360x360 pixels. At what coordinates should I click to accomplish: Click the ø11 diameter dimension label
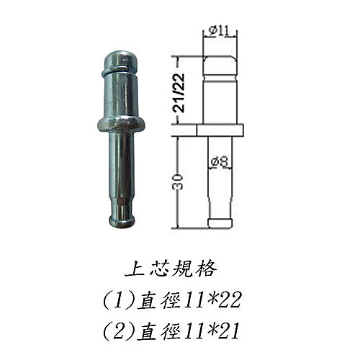218,32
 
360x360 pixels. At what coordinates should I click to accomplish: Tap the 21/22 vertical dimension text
179,93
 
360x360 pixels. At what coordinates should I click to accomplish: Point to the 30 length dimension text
179,181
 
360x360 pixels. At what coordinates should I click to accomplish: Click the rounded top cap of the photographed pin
121,62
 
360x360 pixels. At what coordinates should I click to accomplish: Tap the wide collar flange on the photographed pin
121,125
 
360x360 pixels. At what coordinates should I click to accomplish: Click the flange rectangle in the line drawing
220,130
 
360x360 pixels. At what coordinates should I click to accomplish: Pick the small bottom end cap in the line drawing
220,223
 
